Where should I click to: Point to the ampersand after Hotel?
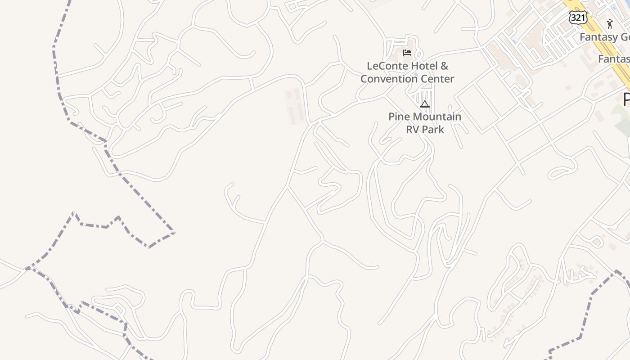click(444, 66)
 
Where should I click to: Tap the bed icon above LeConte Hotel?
click(407, 53)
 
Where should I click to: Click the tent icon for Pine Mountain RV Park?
click(424, 104)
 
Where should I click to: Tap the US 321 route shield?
click(577, 17)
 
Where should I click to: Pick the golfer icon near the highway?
click(610, 24)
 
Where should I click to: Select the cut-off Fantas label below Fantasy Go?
click(613, 59)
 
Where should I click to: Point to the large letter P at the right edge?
click(626, 100)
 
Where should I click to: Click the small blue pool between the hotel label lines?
click(415, 74)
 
